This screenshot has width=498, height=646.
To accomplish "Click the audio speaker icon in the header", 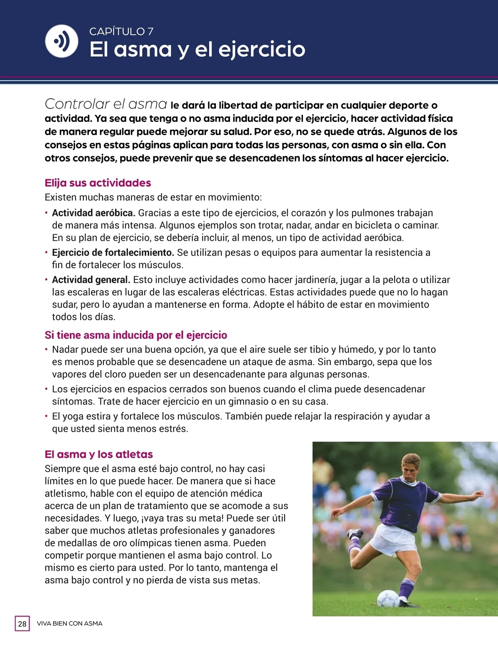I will click(61, 41).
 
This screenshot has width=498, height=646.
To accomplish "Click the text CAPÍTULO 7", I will click(121, 32).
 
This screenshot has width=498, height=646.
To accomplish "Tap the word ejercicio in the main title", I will click(261, 49).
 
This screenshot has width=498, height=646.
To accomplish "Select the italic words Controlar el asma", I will click(106, 104).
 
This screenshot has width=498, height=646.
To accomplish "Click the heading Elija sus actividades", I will click(98, 183).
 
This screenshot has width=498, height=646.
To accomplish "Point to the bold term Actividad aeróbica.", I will click(93, 213).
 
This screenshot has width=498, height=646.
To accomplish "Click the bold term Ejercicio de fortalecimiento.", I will click(113, 253).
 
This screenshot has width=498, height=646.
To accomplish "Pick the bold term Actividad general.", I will click(91, 280).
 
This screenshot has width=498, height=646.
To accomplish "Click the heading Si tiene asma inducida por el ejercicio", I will click(136, 335).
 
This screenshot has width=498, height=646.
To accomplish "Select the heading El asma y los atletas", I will click(99, 454).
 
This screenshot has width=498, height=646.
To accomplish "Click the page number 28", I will click(22, 624).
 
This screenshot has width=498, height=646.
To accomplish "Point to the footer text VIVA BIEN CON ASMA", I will click(70, 624).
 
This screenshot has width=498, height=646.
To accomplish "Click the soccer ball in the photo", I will click(388, 598).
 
